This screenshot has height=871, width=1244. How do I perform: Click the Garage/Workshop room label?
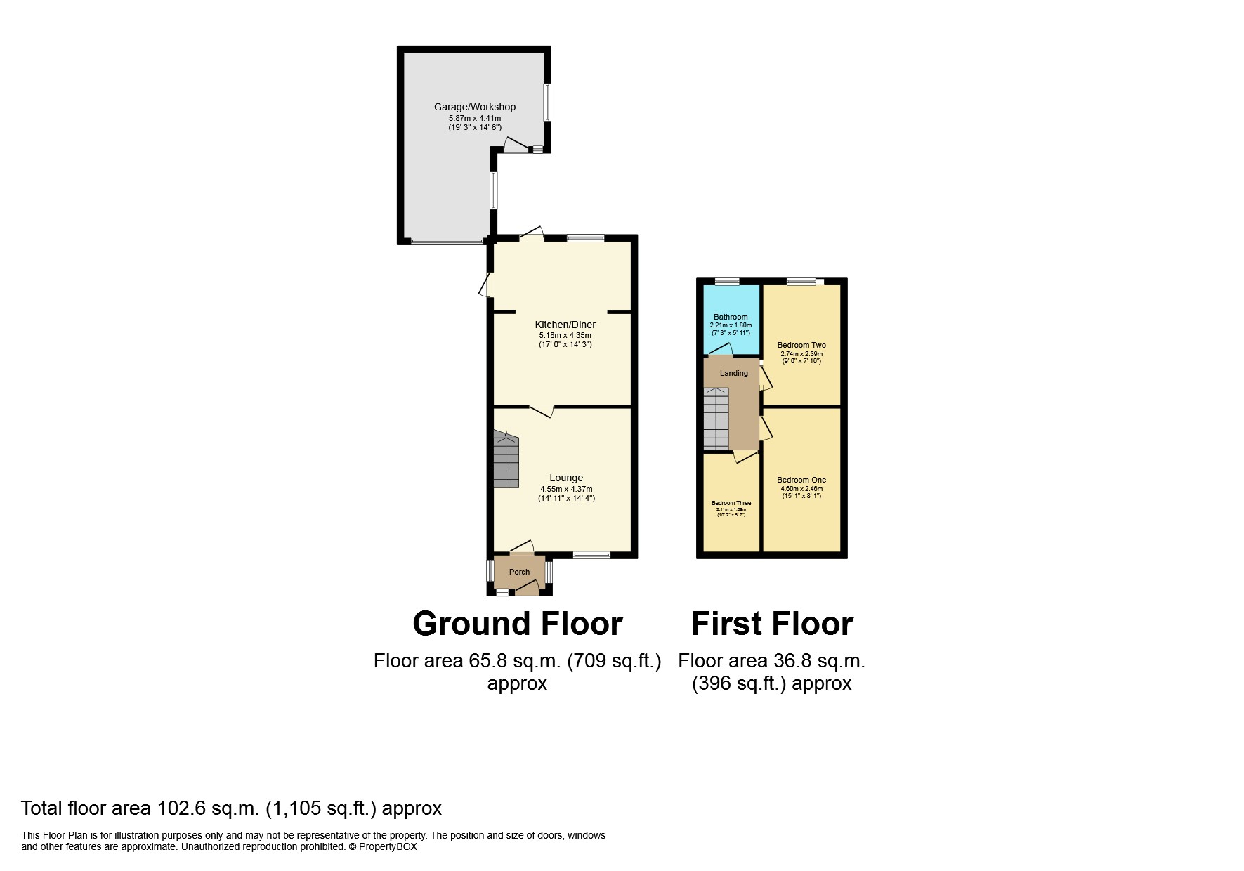[x=474, y=107]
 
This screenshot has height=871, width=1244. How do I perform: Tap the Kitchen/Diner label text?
[x=565, y=325]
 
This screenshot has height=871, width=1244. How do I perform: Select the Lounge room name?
[x=566, y=478]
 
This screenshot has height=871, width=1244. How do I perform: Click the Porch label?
[x=519, y=572]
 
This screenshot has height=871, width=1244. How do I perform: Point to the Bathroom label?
[x=731, y=317]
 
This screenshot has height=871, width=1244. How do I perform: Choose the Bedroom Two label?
[x=801, y=345]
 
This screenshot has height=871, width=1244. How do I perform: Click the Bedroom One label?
[x=801, y=480]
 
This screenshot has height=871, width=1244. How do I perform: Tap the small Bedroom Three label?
[x=731, y=503]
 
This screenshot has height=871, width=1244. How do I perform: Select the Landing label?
[x=733, y=373]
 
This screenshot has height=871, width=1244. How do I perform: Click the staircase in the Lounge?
[x=506, y=460]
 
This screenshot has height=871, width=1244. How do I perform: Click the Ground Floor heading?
[x=517, y=624]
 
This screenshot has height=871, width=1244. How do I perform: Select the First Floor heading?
[x=772, y=624]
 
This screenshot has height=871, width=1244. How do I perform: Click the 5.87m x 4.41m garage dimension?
[x=474, y=118]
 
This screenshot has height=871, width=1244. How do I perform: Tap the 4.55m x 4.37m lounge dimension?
[x=566, y=489]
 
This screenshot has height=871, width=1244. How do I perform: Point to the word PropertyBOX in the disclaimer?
[x=388, y=846]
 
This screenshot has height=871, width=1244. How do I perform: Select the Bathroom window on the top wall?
[x=727, y=282]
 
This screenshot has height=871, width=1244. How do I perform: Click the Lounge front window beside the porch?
[x=591, y=555]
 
